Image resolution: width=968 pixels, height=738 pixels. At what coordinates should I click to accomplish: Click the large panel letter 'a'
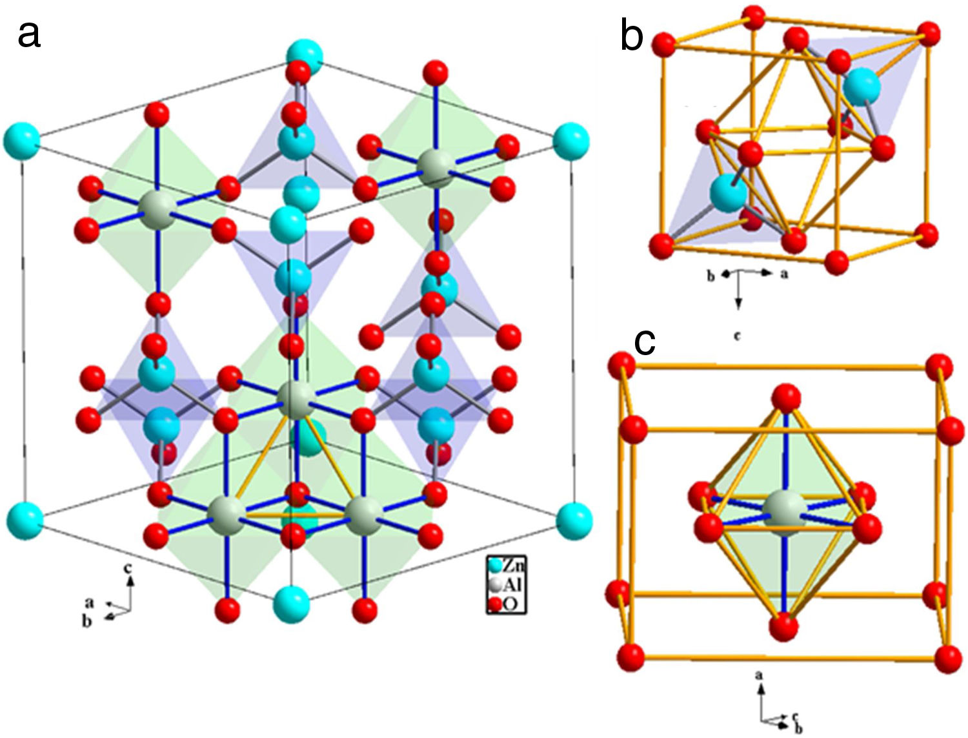click(29, 34)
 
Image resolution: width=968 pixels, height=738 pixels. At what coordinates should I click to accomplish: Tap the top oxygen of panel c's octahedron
click(786, 397)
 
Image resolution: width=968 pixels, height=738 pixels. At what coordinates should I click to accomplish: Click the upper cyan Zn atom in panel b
click(862, 87)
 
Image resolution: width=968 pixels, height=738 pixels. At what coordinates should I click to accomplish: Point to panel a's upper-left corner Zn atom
click(21, 140)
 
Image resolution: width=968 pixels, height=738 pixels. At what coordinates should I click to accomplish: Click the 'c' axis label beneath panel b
click(738, 335)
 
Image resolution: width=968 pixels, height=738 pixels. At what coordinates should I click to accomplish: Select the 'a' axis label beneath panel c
click(760, 675)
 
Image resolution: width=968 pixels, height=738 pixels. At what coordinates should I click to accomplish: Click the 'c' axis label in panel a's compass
click(128, 568)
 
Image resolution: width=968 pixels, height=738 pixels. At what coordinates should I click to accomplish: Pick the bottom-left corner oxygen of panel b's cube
click(663, 247)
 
